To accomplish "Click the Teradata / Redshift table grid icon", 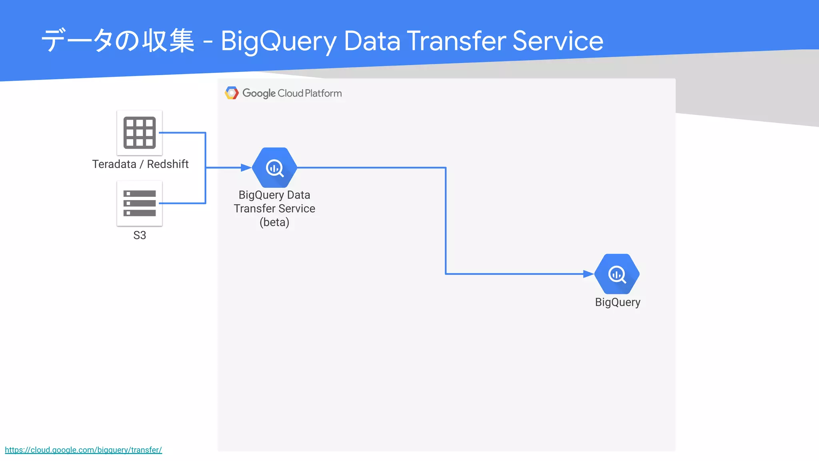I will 140,132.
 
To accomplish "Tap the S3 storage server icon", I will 140,203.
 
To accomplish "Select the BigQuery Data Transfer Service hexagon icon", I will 275,168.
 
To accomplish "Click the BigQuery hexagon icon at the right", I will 617,274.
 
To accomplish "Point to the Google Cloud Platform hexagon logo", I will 232,93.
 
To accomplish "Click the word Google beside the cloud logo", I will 259,93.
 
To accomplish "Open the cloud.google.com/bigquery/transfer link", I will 83,450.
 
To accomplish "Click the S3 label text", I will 140,235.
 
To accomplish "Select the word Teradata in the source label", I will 114,164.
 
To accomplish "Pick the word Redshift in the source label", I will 168,164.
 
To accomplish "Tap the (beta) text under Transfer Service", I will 274,222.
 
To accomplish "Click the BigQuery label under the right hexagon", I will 617,302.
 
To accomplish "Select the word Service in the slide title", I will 558,41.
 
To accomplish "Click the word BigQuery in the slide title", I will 279,42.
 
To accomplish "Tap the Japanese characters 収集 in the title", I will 168,41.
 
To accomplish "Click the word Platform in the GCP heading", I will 323,93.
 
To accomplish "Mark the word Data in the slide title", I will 372,41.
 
